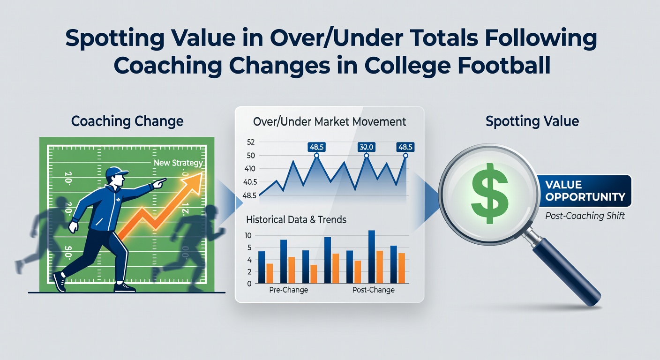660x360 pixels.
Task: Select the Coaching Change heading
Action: click(127, 121)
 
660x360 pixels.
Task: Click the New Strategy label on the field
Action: click(178, 163)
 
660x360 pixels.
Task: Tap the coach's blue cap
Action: click(116, 172)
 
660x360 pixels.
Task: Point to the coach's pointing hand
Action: click(159, 183)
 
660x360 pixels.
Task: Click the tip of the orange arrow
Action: click(202, 172)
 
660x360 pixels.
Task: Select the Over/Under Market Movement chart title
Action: click(330, 122)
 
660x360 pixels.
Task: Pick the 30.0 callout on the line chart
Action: click(366, 147)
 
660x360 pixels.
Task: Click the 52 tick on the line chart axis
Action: click(250, 142)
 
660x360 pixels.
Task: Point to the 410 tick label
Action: click(249, 169)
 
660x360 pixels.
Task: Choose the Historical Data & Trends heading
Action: click(296, 220)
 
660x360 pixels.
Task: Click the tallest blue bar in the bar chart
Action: click(372, 256)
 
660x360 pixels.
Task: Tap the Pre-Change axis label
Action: click(288, 290)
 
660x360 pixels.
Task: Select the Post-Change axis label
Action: click(373, 290)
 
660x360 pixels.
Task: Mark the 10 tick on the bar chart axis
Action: click(248, 236)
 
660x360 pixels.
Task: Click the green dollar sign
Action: click(489, 193)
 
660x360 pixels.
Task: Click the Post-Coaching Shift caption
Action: click(585, 216)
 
